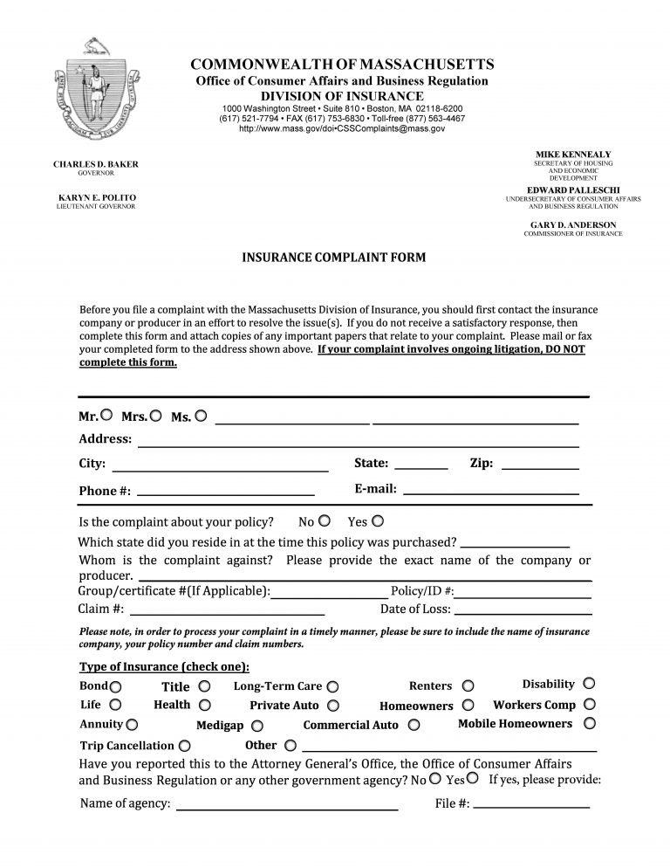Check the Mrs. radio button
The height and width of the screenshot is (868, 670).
156,416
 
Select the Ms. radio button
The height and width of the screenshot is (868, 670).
201,416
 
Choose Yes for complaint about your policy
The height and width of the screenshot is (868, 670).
378,521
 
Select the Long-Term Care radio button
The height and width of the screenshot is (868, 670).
332,687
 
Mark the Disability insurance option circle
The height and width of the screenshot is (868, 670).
589,683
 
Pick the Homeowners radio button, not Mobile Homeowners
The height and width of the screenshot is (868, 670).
468,704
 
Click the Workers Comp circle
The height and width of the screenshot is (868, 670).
590,704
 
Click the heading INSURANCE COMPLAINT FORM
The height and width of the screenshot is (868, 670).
334,258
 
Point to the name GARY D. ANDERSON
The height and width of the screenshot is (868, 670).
572,224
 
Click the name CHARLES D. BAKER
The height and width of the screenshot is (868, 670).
96,164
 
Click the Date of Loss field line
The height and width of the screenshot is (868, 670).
523,609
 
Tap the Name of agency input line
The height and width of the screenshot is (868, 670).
288,803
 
